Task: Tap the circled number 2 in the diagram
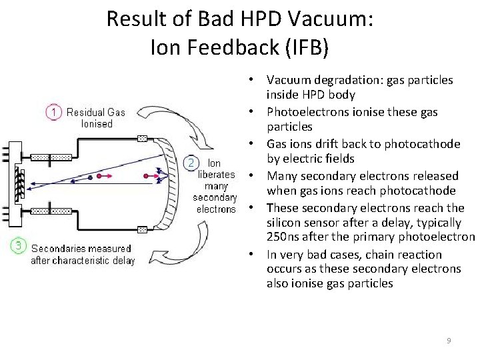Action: [x=191, y=163]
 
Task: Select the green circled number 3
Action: [x=18, y=246]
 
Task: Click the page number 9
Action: [x=449, y=341]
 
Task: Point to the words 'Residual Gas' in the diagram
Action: [x=96, y=112]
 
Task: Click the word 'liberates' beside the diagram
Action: [x=217, y=175]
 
